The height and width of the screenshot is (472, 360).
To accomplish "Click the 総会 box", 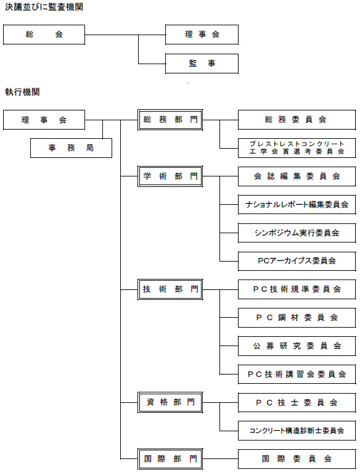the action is [x=44, y=35].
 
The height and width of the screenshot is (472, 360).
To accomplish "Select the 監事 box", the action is [x=202, y=64].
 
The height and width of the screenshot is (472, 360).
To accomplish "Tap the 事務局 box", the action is [x=71, y=148].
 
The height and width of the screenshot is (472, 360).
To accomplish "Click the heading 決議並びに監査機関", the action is [x=44, y=7].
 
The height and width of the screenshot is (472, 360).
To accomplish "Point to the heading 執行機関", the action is [x=22, y=92].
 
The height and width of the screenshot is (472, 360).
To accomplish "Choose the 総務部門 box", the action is [x=170, y=120].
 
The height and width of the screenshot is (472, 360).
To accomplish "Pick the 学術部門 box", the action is [x=170, y=176].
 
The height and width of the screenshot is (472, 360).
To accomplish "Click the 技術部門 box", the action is [x=170, y=289].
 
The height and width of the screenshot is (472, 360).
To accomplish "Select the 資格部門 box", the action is [x=170, y=402].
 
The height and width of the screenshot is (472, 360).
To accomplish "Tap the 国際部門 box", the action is [x=170, y=459].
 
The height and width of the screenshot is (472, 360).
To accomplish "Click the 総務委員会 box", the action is [x=297, y=120].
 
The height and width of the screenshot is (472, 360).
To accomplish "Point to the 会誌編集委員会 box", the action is [x=297, y=176].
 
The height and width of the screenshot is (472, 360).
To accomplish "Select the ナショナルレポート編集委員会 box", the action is [x=297, y=204].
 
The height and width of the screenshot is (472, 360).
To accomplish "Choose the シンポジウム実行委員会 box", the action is [x=297, y=233].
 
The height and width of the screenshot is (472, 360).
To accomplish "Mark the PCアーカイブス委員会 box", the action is [x=297, y=261].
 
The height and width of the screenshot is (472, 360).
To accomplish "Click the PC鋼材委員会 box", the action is [x=297, y=318].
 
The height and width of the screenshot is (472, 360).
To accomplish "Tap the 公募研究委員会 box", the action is [x=297, y=346].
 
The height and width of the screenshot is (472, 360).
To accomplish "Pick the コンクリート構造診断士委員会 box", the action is [x=297, y=431].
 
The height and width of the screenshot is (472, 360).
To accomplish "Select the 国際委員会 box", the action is [x=297, y=459].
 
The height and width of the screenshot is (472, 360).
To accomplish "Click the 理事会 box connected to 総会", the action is [x=202, y=35].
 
